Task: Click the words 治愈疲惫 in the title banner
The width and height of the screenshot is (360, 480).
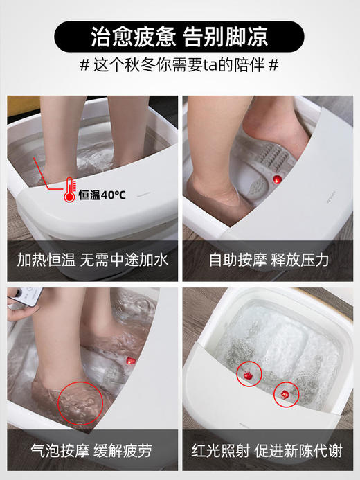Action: [132, 36]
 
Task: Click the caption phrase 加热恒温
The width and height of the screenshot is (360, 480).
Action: [48, 260]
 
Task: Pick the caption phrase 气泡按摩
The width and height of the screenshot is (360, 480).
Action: [48, 451]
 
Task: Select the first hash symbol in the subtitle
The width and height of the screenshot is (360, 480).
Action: [84, 66]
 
